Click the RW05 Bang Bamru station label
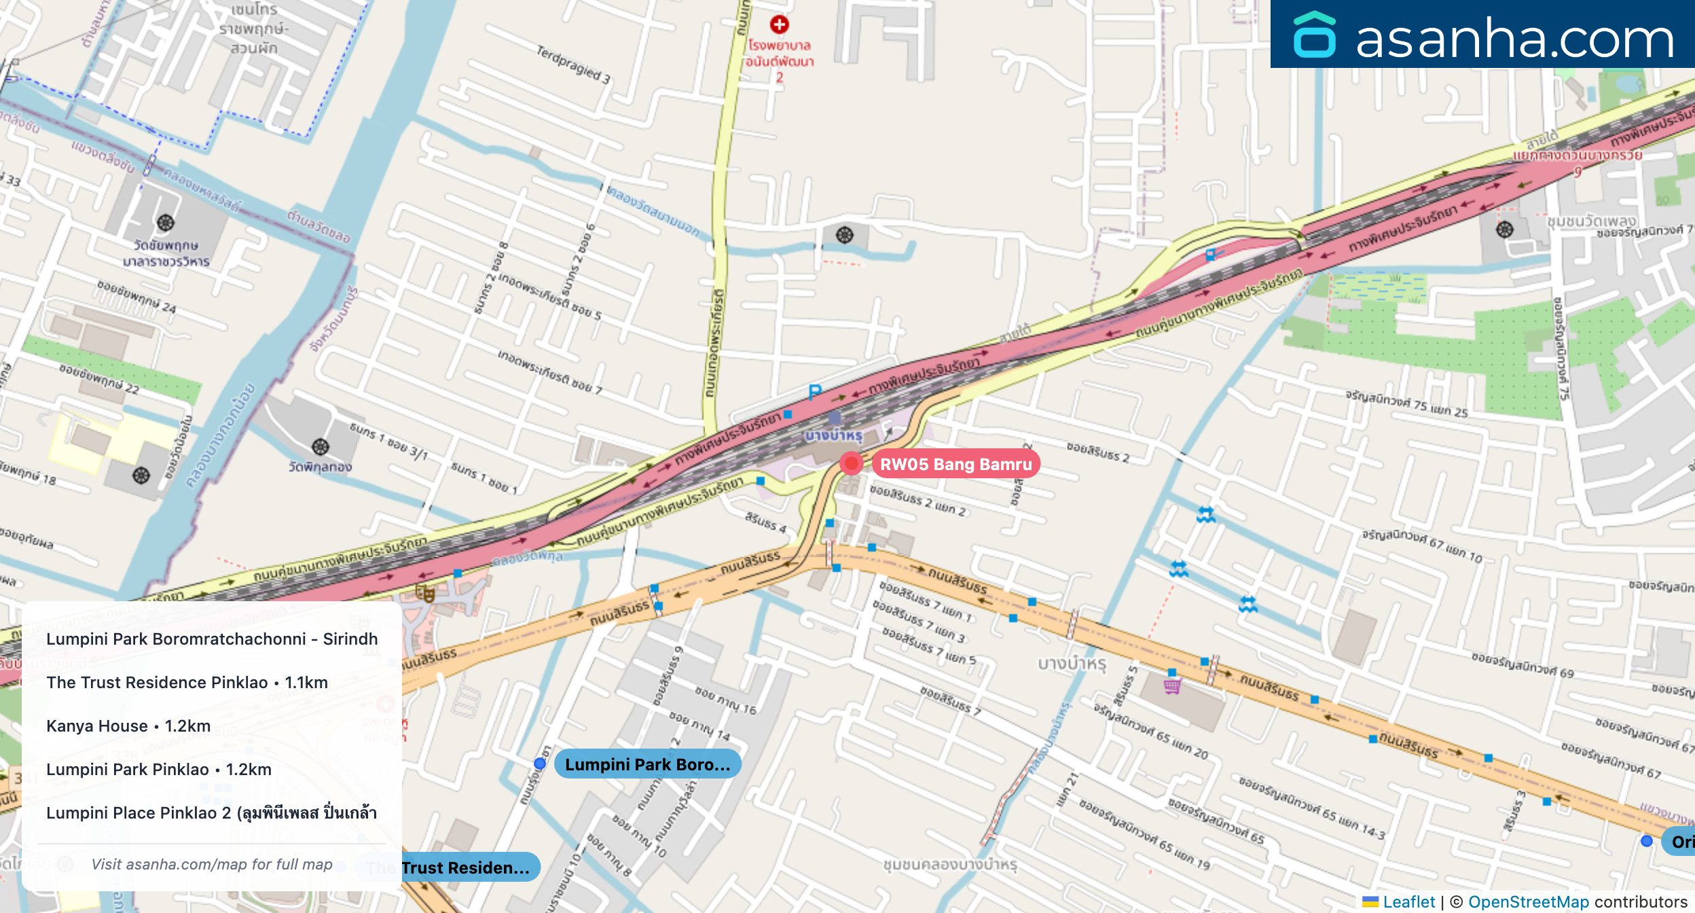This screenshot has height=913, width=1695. [x=955, y=464]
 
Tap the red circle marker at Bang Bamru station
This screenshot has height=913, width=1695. [x=851, y=463]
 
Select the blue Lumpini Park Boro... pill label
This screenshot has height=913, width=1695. [x=647, y=764]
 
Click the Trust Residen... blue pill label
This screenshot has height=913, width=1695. [x=465, y=867]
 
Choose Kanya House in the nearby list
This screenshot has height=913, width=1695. [x=128, y=726]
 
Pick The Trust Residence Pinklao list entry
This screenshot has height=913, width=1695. [x=187, y=682]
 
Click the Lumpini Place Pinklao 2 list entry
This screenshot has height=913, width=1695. [x=211, y=812]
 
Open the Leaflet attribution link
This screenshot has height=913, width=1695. [x=1408, y=901]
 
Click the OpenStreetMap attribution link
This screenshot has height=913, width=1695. [x=1528, y=901]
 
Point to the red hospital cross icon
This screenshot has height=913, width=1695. [x=779, y=24]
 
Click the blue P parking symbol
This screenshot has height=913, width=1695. [x=815, y=392]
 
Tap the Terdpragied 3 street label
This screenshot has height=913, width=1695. [x=573, y=65]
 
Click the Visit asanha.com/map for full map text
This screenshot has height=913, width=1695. [x=212, y=864]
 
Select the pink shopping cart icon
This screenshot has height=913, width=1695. [x=1172, y=686]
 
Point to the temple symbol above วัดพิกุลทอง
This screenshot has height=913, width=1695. [x=321, y=447]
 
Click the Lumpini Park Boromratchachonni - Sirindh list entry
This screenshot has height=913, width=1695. [x=212, y=639]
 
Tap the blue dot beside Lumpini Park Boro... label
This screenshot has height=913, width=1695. [x=540, y=764]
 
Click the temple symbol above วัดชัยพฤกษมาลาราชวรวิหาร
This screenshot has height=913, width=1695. [x=166, y=223]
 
